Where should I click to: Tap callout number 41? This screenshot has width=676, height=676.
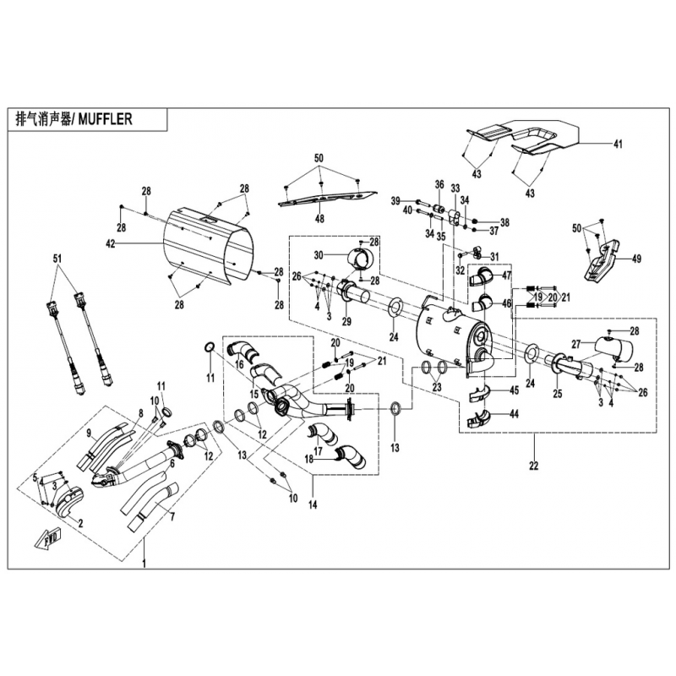618,145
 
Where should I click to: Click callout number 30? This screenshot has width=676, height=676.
319,255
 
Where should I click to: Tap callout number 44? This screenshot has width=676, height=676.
514,415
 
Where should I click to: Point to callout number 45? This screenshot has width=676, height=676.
514,390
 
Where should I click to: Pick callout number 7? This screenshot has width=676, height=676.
172,515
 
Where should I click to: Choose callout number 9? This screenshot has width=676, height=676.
88,433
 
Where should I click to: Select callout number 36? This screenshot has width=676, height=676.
439,184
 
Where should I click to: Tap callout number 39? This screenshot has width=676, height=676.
395,200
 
